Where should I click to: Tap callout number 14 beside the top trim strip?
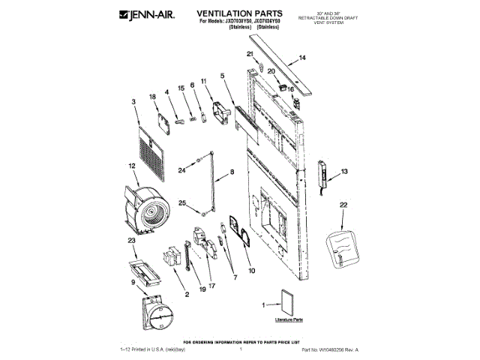[302, 58]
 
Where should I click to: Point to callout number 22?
[343, 204]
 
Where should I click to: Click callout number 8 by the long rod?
[231, 172]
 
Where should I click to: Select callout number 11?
[202, 81]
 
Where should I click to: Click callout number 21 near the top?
[250, 54]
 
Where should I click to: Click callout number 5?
[223, 76]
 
